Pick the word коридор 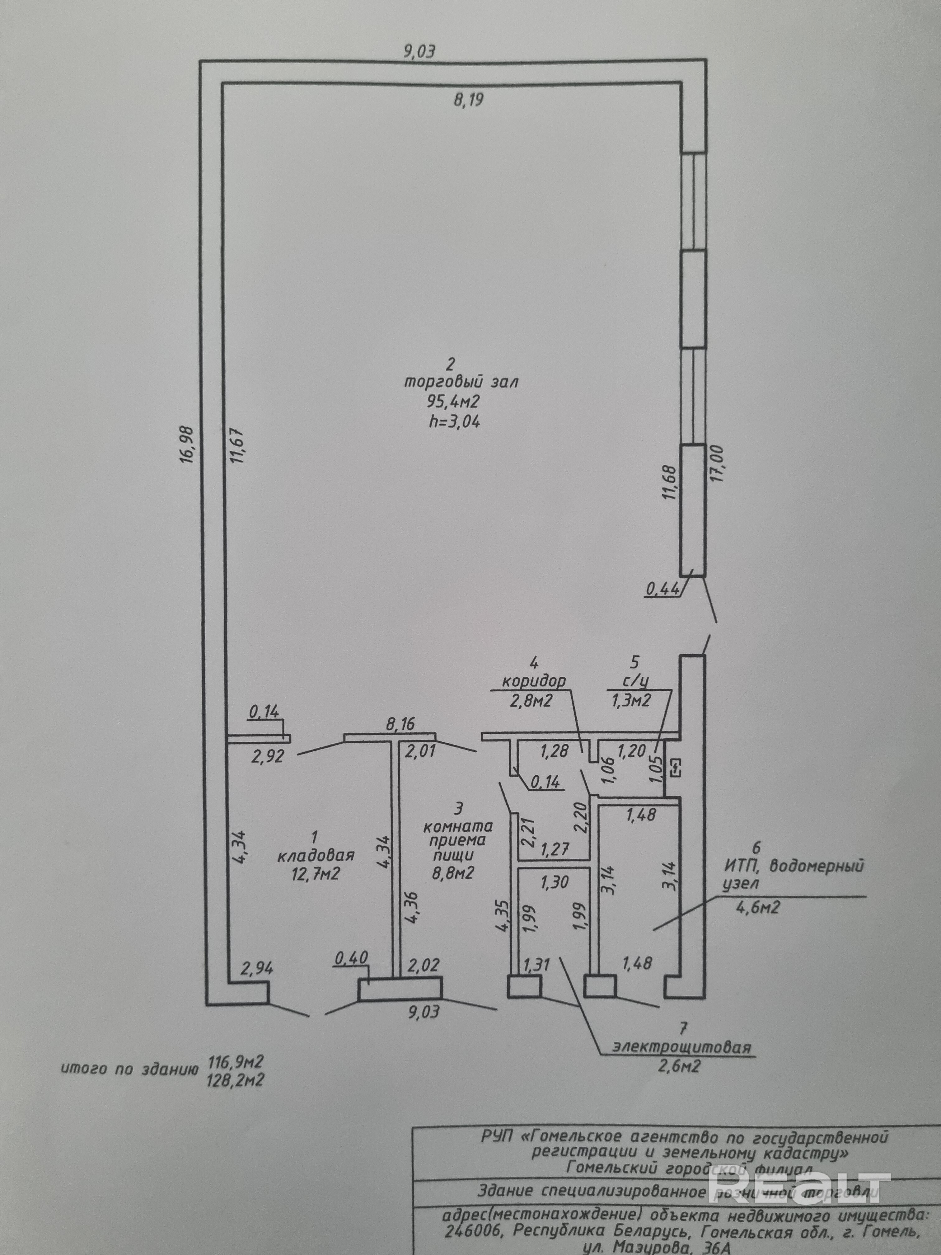coord(533,681)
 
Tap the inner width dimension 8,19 coord(469,101)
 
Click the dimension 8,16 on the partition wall coord(400,724)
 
